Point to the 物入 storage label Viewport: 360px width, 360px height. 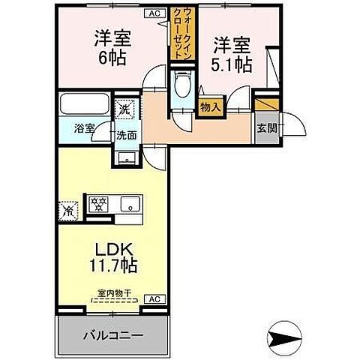(x=211, y=107)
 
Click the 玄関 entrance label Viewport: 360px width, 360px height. (x=265, y=127)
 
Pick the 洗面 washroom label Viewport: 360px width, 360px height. (x=125, y=136)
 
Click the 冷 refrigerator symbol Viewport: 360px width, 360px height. (x=67, y=211)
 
